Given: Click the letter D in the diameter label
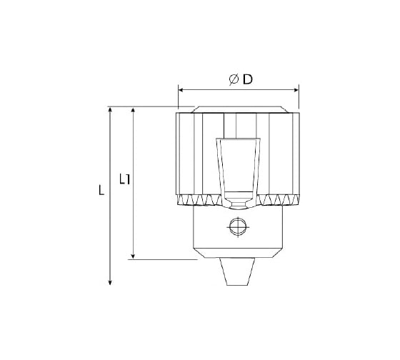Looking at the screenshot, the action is (247, 79).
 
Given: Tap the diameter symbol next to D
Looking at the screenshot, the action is (234, 79).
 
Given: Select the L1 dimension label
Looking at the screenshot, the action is (125, 179).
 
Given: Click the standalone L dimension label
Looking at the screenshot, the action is (101, 190).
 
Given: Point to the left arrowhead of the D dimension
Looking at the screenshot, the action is (180, 90).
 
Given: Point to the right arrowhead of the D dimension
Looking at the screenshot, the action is (296, 90).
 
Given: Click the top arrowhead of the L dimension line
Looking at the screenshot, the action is (110, 109).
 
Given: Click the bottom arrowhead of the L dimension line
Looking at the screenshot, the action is (110, 282).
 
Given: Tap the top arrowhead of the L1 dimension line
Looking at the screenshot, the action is (133, 110).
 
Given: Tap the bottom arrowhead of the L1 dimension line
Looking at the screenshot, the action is (133, 256).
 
